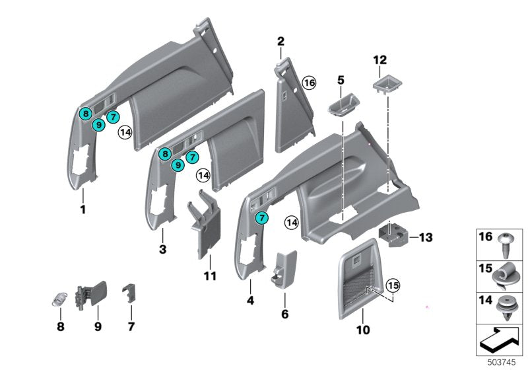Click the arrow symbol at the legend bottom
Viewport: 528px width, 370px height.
point(500,341)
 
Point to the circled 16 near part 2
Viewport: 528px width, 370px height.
point(309,83)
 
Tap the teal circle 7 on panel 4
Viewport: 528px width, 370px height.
point(262,217)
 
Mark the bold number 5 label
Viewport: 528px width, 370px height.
point(341,80)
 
